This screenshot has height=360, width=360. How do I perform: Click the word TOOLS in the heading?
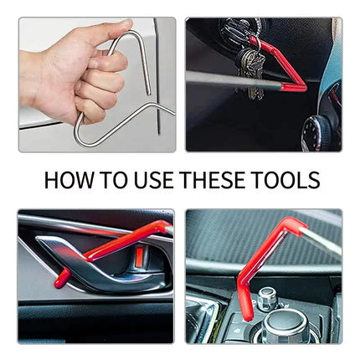coord(290,179)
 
